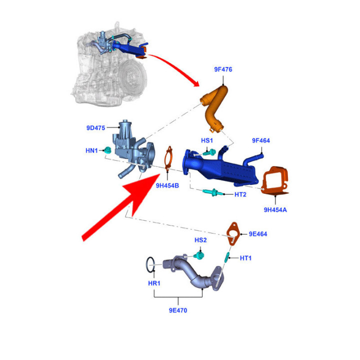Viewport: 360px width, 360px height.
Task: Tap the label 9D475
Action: (95, 128)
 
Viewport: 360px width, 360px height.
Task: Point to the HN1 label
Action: (91, 150)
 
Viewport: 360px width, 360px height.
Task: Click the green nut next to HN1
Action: (107, 150)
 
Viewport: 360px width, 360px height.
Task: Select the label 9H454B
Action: (166, 186)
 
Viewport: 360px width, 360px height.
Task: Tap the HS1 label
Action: (207, 141)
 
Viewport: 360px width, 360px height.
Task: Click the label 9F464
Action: (260, 141)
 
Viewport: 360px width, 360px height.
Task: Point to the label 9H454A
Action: (275, 209)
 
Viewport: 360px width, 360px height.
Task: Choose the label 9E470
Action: (178, 310)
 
